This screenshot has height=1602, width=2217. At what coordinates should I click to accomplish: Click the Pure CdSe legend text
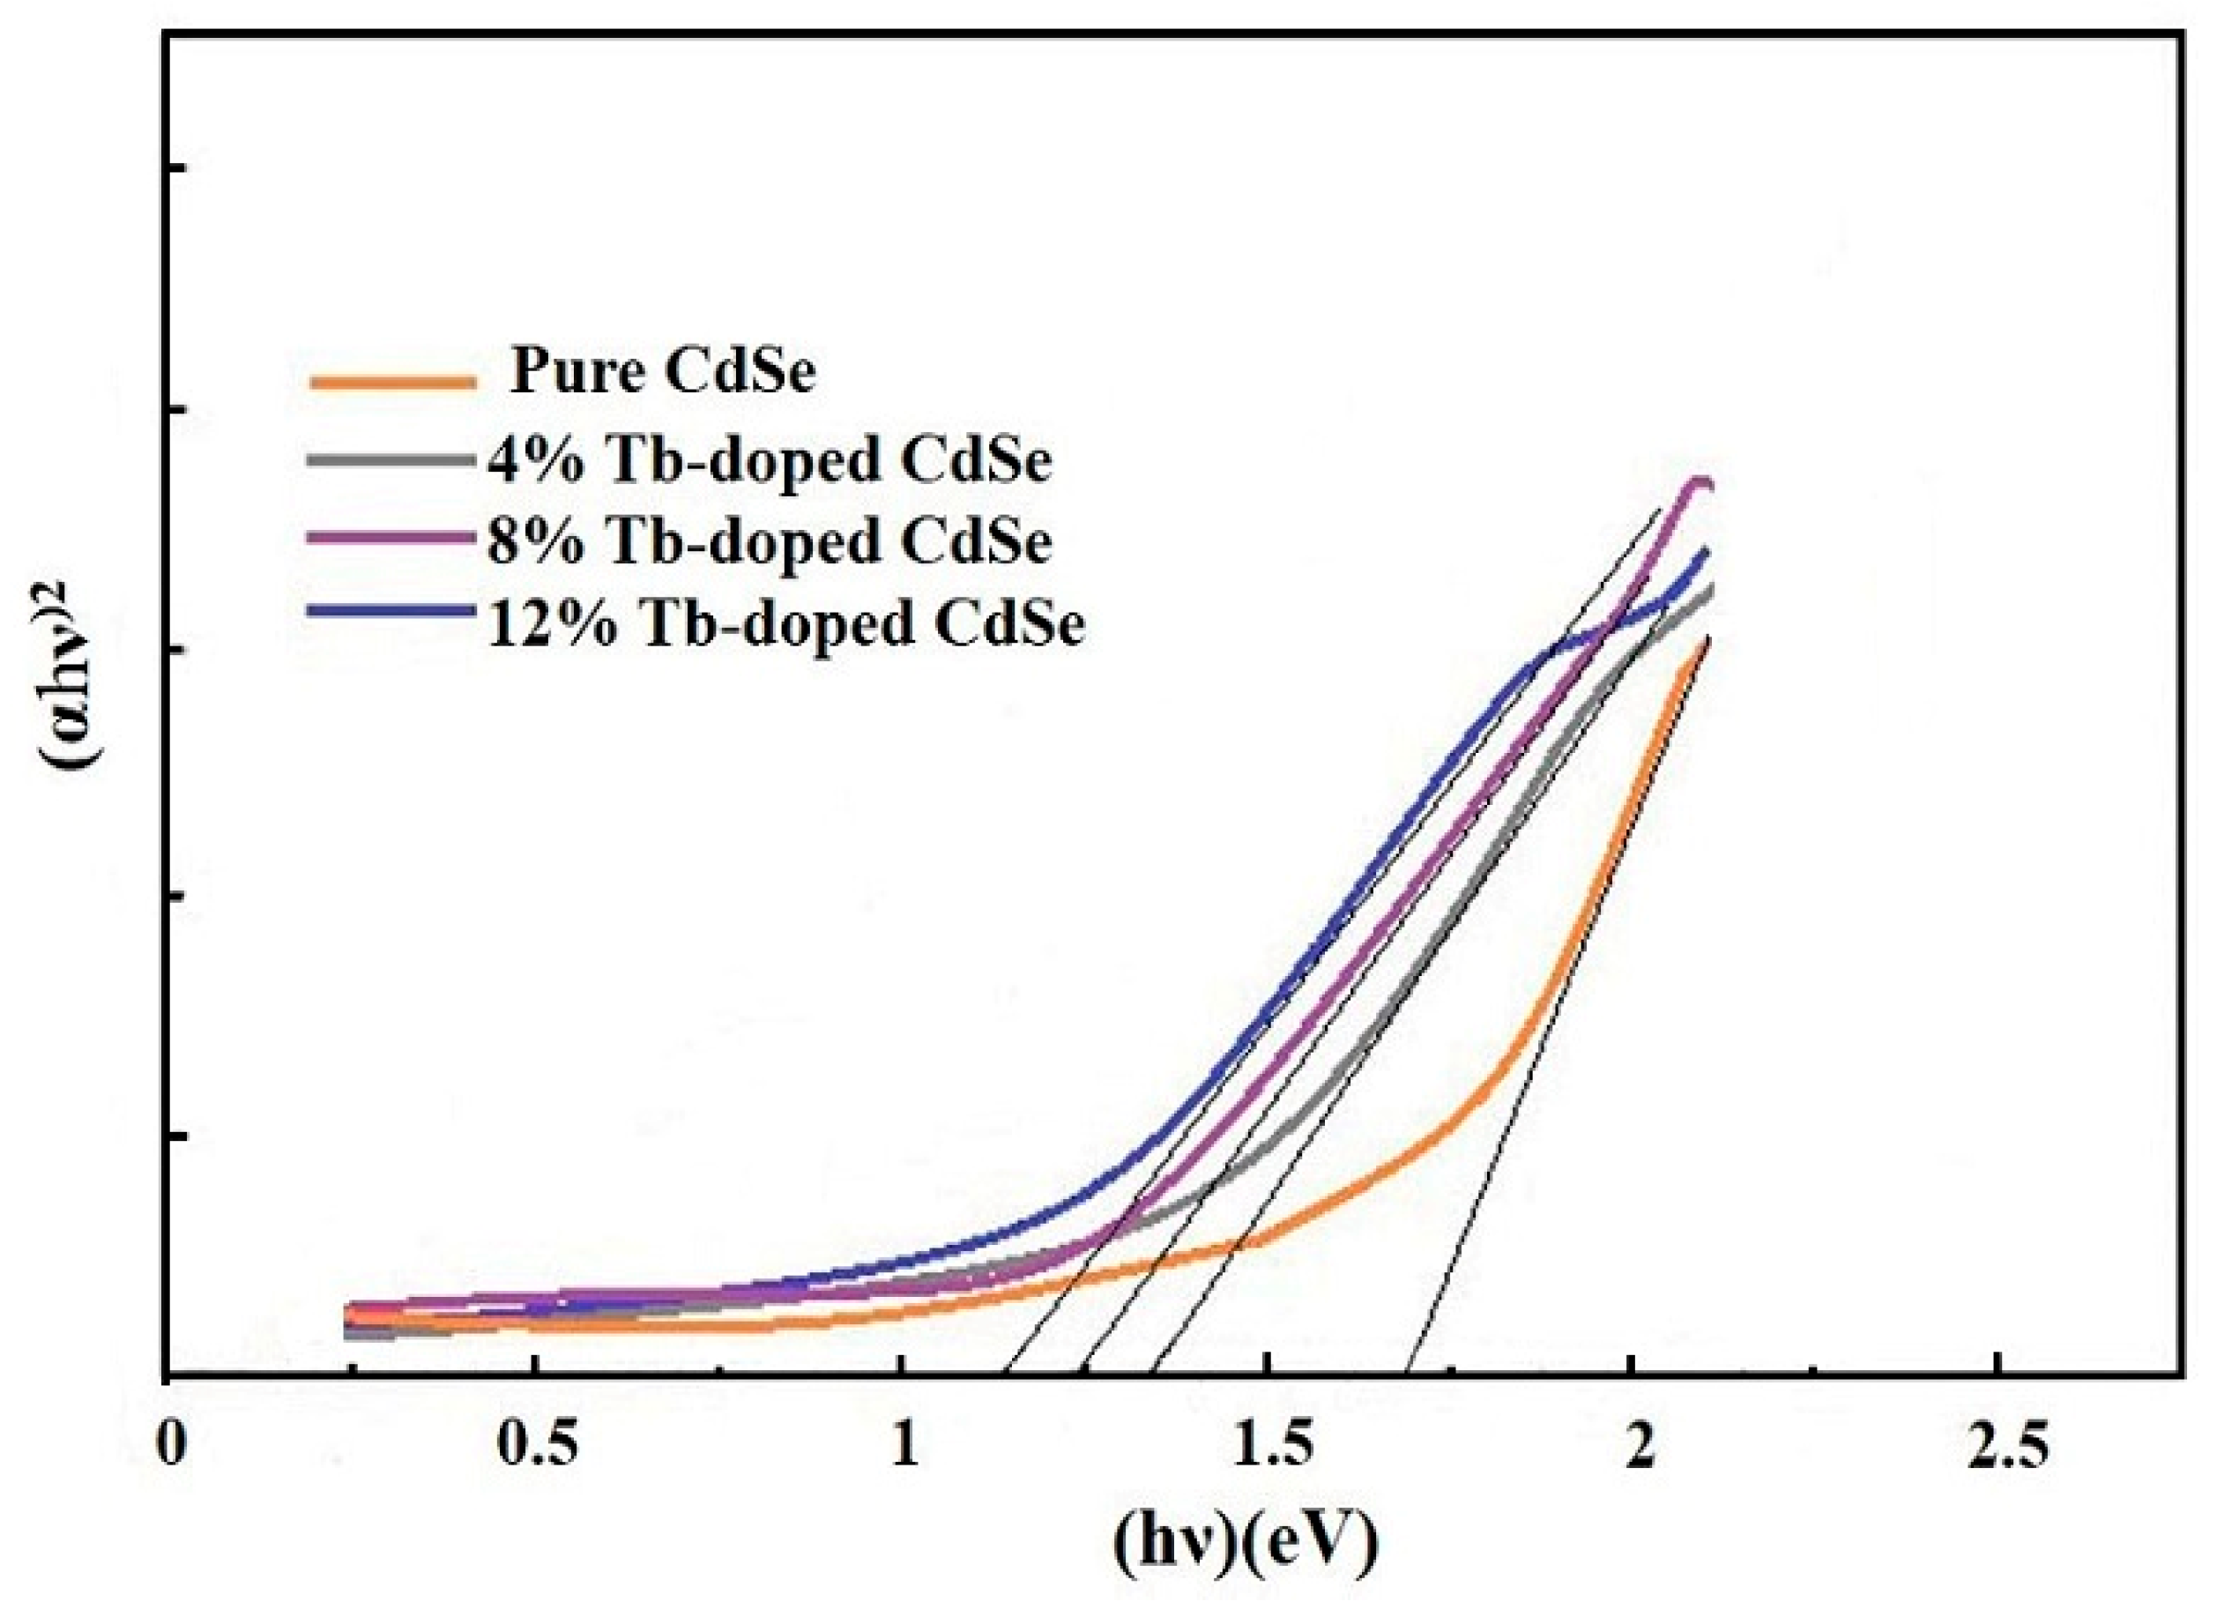pyautogui.click(x=663, y=372)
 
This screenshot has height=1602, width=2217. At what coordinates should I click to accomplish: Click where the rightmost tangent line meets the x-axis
pyautogui.click(x=1406, y=1377)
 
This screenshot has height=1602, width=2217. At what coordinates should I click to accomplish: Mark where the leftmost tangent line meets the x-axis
pyautogui.click(x=1007, y=1377)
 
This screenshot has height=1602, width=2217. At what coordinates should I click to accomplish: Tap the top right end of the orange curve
pyautogui.click(x=1706, y=642)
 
